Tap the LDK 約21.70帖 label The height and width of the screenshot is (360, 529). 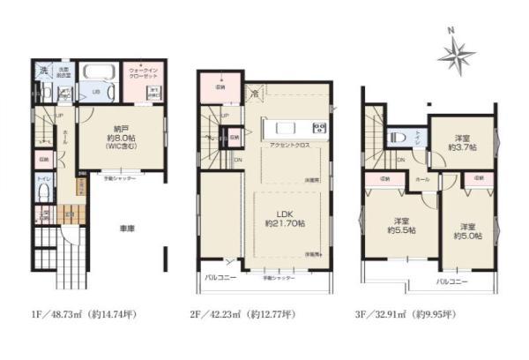(x=283, y=218)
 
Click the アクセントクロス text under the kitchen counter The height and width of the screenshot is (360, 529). (x=288, y=145)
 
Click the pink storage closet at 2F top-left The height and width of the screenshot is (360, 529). (x=220, y=86)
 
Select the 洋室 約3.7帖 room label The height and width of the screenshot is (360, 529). (x=463, y=142)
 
